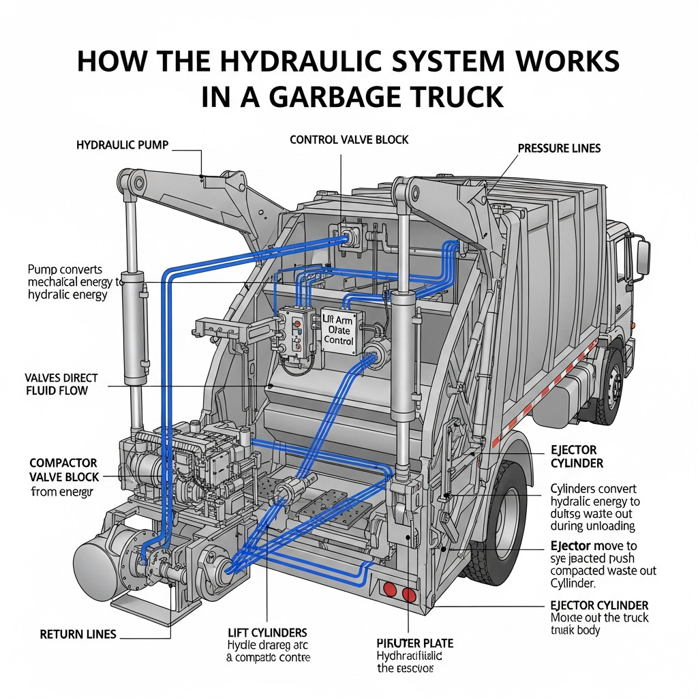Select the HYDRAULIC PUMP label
click(122, 145)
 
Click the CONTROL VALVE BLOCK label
click(349, 140)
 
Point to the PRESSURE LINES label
click(559, 148)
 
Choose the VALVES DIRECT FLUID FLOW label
click(61, 384)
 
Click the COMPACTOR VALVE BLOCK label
click(64, 470)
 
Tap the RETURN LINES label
click(78, 635)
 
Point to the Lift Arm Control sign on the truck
click(339, 329)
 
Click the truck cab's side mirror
click(642, 257)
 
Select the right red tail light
click(409, 595)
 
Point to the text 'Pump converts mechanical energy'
click(74, 282)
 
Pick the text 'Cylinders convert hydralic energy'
click(595, 496)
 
